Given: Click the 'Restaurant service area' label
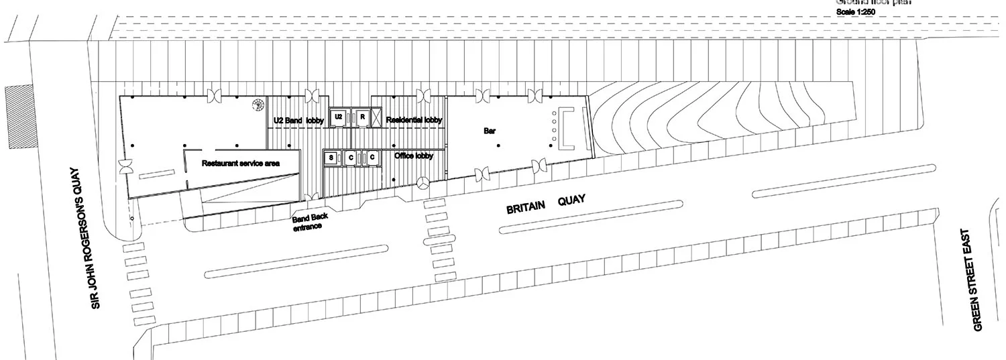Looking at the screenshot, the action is (241, 163).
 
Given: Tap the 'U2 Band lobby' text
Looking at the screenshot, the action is (298, 121).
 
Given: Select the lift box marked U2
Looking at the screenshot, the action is (339, 117).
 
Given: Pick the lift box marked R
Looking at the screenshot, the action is (362, 117).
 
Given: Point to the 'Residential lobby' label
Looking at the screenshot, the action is (414, 120).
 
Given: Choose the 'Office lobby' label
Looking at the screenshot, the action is (414, 156).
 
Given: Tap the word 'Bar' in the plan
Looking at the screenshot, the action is (490, 131).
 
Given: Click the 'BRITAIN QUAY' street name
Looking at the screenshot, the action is (547, 204).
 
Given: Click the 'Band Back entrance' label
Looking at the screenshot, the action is (309, 222).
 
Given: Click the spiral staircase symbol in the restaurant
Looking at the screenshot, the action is (258, 105).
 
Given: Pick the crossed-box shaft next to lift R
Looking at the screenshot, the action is (377, 118).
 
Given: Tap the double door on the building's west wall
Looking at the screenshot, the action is (124, 168).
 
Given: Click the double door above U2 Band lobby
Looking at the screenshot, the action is (311, 96).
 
